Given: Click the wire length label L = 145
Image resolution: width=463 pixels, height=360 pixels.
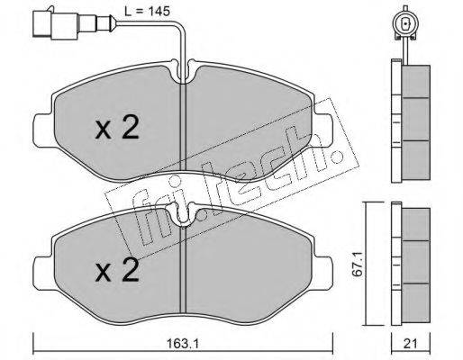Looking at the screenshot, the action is [147, 12].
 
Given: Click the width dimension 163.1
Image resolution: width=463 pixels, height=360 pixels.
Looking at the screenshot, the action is [183, 344].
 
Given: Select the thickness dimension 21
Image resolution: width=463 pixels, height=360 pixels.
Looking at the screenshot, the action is [411, 344].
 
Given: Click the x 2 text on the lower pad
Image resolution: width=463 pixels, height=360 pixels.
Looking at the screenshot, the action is [117, 270].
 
